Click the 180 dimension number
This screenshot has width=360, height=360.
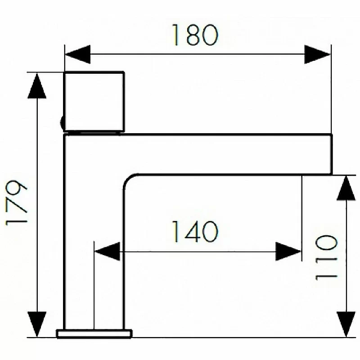tap(195, 35)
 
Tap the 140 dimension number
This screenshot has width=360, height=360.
tap(195, 231)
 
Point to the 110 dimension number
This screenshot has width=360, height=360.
tap(326, 257)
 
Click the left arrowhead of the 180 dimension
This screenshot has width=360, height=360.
tap(78, 54)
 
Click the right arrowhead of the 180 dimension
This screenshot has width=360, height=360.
tap(317, 54)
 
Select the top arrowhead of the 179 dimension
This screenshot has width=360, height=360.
tap(37, 86)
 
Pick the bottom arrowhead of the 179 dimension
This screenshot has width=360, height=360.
tap(37, 324)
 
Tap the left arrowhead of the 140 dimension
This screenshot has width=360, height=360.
tap(107, 252)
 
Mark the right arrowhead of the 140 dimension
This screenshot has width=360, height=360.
tap(288, 252)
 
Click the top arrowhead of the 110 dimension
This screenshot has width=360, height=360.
tap(346, 188)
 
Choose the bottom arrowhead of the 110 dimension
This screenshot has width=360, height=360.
tap(346, 324)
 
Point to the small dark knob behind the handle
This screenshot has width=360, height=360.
tap(62, 122)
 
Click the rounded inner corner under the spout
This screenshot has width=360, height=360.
tap(128, 179)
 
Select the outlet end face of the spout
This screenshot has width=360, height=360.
tap(332, 154)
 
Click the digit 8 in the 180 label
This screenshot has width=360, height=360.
tap(194, 35)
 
